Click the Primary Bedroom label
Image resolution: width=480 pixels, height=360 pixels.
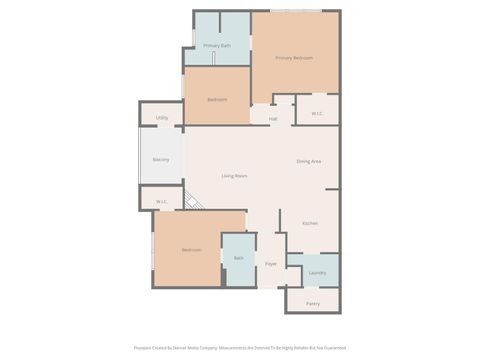(x=294, y=58)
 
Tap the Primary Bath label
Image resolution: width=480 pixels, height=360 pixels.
(x=216, y=46)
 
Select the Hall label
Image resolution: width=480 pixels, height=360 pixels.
(x=272, y=119)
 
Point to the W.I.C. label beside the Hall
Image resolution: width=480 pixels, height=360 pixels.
(x=316, y=113)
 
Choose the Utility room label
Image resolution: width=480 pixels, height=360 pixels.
(x=161, y=118)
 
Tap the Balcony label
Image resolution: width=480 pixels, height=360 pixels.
(x=160, y=159)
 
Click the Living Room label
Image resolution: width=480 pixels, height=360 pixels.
(x=234, y=176)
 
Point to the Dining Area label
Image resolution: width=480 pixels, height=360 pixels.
(x=308, y=161)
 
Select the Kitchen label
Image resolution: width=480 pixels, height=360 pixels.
(x=310, y=223)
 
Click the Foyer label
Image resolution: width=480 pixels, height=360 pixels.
(x=270, y=264)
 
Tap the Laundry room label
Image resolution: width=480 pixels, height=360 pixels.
(x=317, y=272)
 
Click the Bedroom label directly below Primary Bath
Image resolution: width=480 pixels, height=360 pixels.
(x=216, y=100)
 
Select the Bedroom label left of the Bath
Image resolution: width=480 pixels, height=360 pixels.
(x=191, y=249)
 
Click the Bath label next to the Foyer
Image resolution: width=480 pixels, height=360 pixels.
(x=238, y=258)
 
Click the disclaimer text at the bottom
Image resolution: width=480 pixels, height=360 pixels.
(x=240, y=348)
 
